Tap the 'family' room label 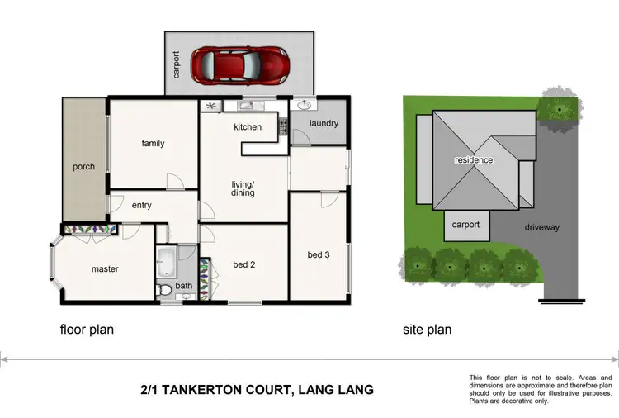click(x=153, y=144)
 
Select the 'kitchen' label click(x=248, y=127)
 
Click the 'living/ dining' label click(x=243, y=188)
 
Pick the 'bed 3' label click(x=319, y=254)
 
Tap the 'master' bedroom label click(x=105, y=268)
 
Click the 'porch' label click(x=83, y=167)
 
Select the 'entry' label click(x=141, y=205)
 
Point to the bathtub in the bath click(x=166, y=261)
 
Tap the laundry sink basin click(x=306, y=106)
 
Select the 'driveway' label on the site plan click(x=541, y=227)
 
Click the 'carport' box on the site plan click(x=467, y=226)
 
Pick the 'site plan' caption click(x=427, y=330)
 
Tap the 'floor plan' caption click(x=87, y=330)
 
